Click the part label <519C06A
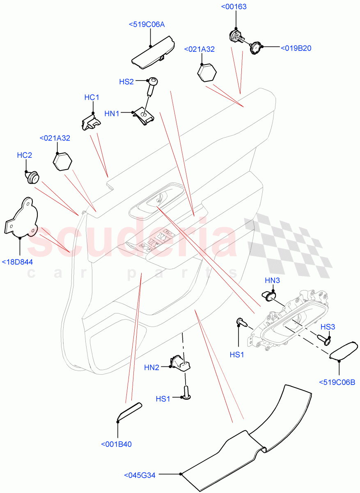pyautogui.click(x=147, y=24)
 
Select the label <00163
pyautogui.click(x=234, y=7)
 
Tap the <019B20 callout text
pyautogui.click(x=296, y=48)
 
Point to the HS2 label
pyautogui.click(x=126, y=82)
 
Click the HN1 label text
pyautogui.click(x=112, y=114)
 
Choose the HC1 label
pyautogui.click(x=92, y=97)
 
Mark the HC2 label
pyautogui.click(x=24, y=155)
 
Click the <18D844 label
pyautogui.click(x=17, y=262)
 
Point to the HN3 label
pyautogui.click(x=273, y=280)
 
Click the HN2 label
pyautogui.click(x=151, y=367)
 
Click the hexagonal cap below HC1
pyautogui.click(x=62, y=161)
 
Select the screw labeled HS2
pyautogui.click(x=152, y=87)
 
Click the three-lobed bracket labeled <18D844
pyautogui.click(x=21, y=217)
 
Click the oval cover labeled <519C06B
pyautogui.click(x=344, y=351)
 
